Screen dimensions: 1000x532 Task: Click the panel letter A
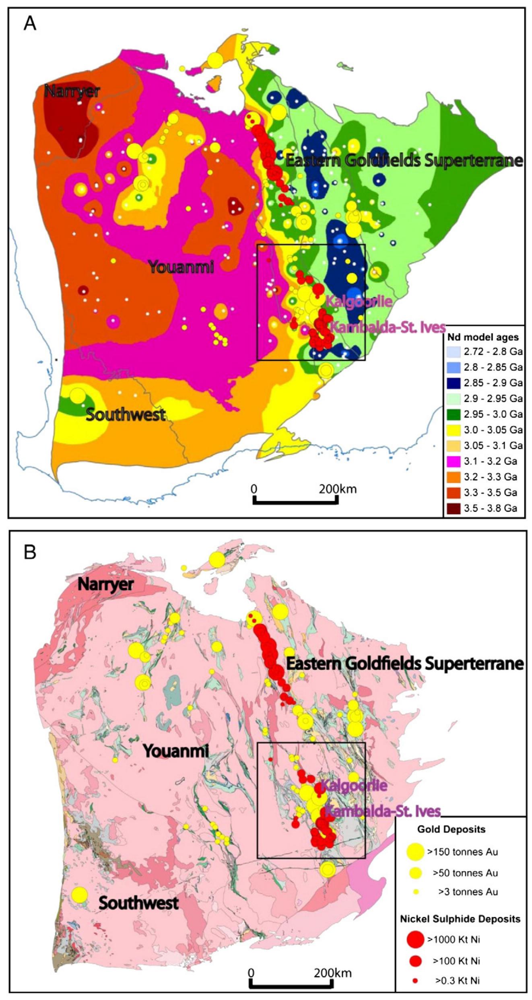point(30,24)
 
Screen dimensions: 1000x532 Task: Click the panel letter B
point(30,552)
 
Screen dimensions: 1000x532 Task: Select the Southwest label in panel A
point(126,415)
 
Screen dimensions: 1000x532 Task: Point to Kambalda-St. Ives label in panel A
point(387,327)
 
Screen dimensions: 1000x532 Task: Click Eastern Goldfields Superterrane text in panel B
point(404,663)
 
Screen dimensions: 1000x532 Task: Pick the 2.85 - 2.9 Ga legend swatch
point(454,383)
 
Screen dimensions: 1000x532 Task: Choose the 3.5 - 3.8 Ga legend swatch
point(454,508)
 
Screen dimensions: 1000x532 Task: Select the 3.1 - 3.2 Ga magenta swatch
point(454,461)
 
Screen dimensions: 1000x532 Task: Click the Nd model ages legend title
point(483,337)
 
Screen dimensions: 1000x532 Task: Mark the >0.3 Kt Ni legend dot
point(416,981)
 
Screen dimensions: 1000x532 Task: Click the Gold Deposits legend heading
point(451,829)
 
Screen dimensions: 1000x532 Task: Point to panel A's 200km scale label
point(338,489)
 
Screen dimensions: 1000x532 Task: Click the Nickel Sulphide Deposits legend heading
point(460,919)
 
